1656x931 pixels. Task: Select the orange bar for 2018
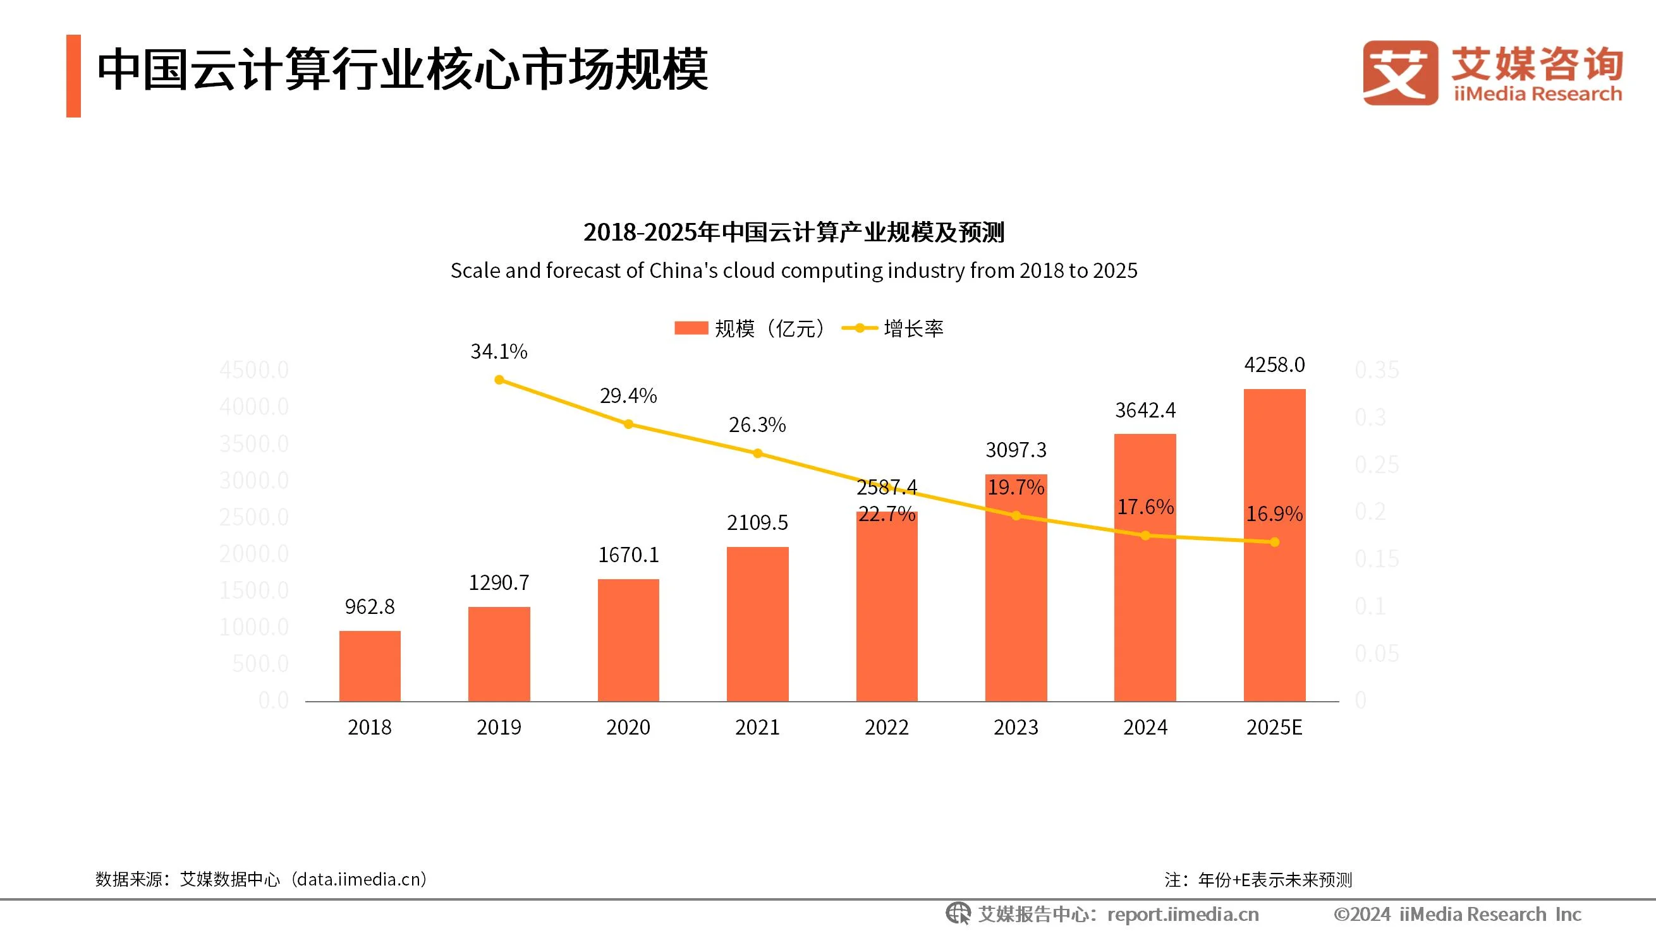[370, 666]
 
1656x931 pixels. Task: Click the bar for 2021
[757, 623]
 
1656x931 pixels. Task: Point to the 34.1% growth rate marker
[499, 380]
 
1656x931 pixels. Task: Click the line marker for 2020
[629, 424]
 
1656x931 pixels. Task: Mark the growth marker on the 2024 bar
[1145, 535]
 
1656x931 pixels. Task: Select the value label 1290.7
[499, 583]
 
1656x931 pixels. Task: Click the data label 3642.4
[1145, 410]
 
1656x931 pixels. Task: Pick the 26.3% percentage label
[757, 424]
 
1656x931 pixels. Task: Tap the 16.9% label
[1274, 514]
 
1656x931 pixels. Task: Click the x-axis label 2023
[1016, 728]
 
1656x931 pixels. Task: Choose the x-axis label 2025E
[1274, 728]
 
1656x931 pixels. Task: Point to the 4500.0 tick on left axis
[254, 370]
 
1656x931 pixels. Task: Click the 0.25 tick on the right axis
[1377, 464]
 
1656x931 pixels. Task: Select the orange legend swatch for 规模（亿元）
[690, 328]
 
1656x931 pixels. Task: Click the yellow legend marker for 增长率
[860, 328]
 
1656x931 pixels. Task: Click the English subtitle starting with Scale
[793, 270]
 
